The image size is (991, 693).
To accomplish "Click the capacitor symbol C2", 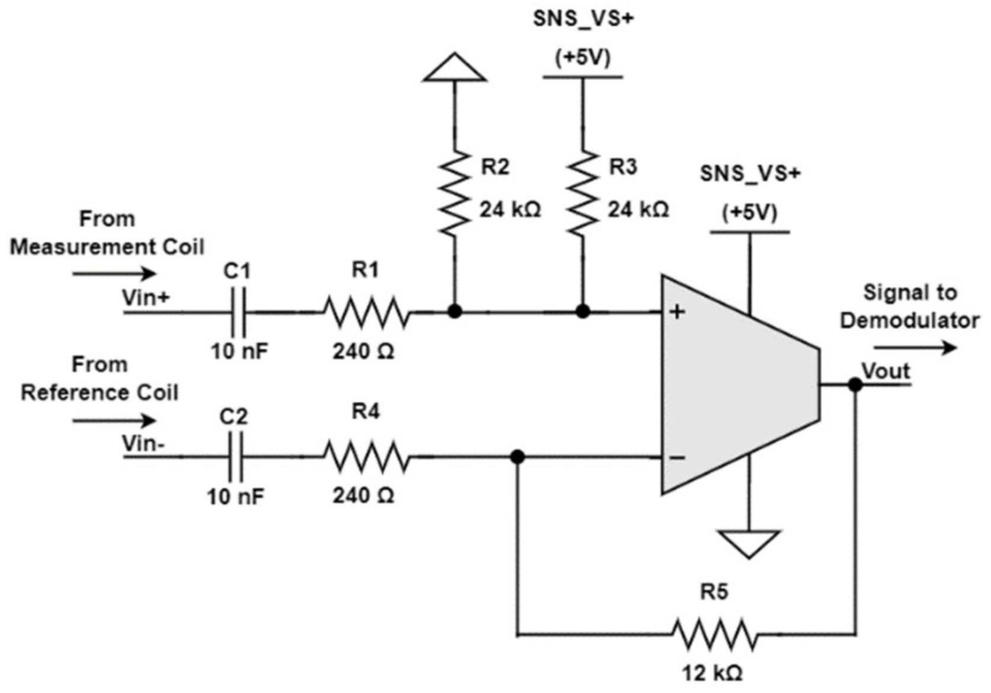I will [236, 457].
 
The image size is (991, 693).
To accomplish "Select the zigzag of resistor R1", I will [366, 312].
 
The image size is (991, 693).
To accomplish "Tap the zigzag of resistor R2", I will [455, 193].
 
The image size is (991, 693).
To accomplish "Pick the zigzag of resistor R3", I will [583, 193].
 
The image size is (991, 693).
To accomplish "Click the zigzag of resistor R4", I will [366, 457].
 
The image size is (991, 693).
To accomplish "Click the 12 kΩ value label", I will [712, 673].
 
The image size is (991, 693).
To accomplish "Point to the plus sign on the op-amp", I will [677, 311].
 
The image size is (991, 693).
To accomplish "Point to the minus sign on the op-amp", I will [677, 457].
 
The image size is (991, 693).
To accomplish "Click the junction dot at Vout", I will [855, 384].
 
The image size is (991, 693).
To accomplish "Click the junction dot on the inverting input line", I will [517, 457].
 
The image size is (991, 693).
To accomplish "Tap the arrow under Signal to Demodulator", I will [915, 348].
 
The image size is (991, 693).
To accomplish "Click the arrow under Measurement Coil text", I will [114, 274].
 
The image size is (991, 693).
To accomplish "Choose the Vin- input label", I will [143, 443].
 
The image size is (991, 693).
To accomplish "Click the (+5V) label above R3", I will [583, 58].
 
